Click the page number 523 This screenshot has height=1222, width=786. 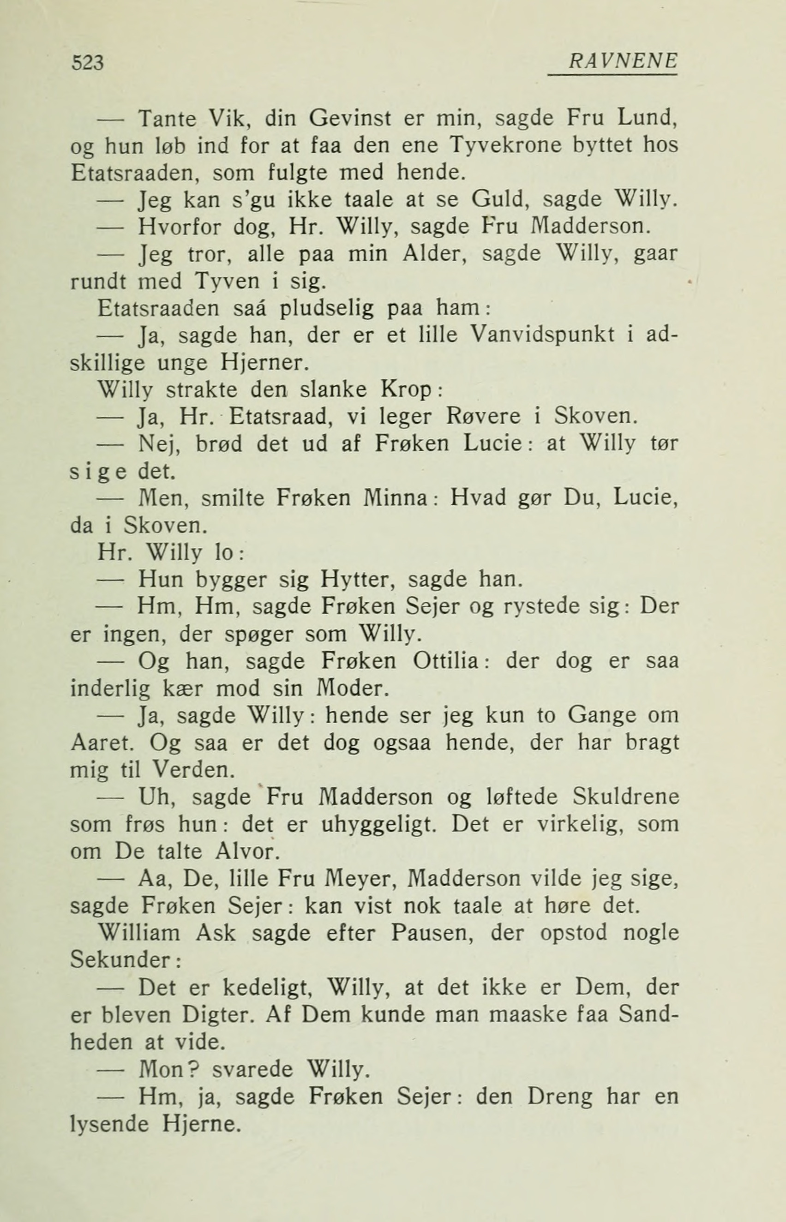(88, 63)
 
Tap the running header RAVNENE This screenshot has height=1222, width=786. (623, 61)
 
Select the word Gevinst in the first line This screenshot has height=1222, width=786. (350, 119)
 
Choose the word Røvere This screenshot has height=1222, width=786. (483, 417)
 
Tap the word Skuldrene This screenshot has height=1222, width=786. (626, 797)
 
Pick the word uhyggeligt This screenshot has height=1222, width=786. (379, 825)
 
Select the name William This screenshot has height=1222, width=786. (139, 933)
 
